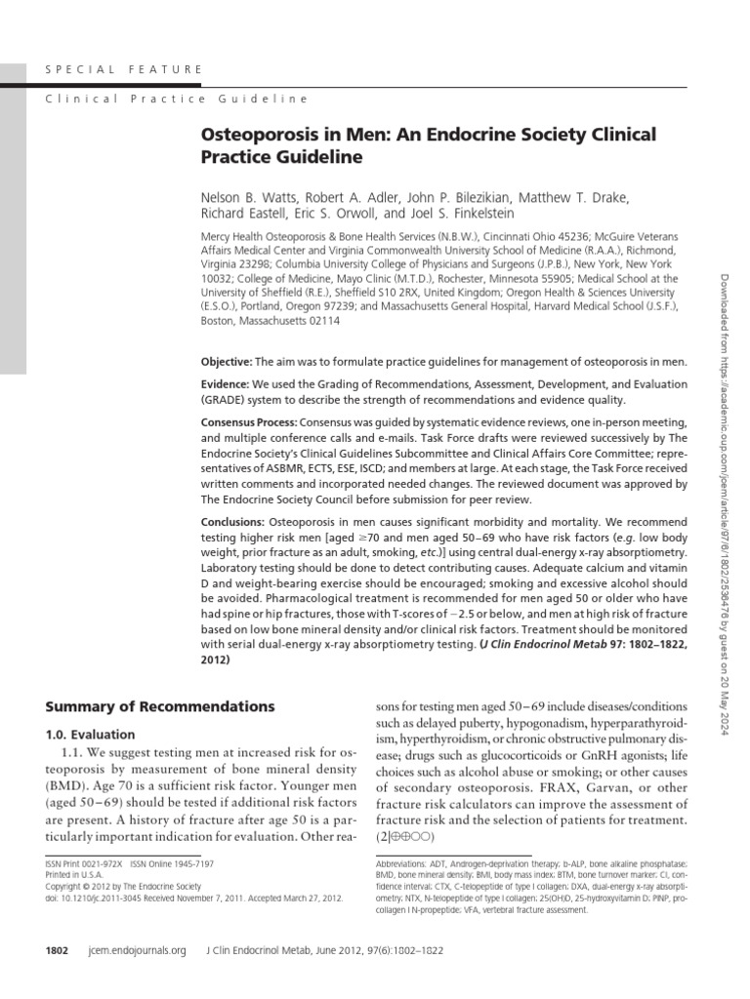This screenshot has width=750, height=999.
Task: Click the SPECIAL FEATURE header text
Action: pos(125,69)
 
